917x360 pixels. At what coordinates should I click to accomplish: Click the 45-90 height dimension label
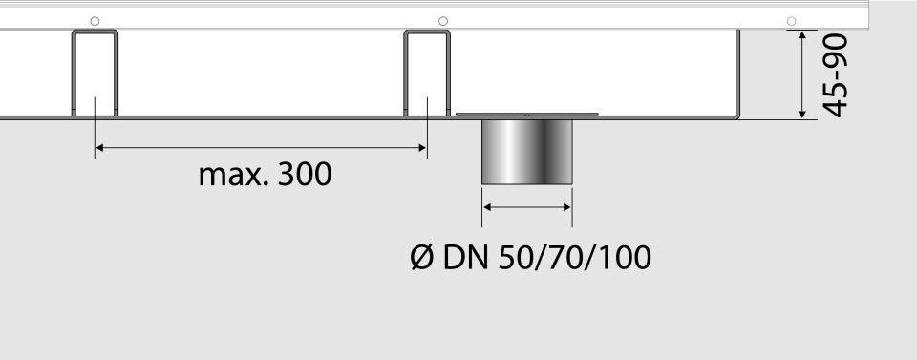click(x=835, y=75)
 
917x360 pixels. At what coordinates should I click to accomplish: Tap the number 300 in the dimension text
click(x=305, y=174)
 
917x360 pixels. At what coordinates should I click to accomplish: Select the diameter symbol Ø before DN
click(x=421, y=258)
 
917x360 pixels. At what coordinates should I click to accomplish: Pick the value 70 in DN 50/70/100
click(x=559, y=258)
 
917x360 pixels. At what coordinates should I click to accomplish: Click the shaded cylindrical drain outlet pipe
click(x=527, y=152)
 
